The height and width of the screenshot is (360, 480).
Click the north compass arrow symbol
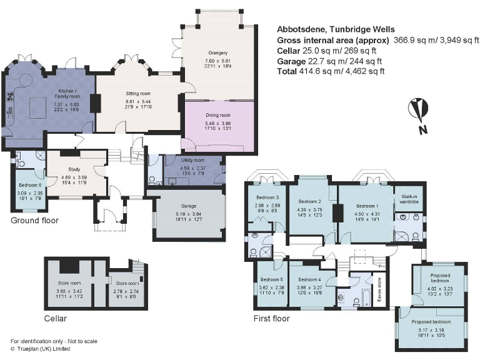416,111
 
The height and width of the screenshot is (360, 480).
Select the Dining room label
219,115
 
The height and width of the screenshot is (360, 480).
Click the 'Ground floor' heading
35,221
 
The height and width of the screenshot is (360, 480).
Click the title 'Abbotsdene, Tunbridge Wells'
336,29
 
